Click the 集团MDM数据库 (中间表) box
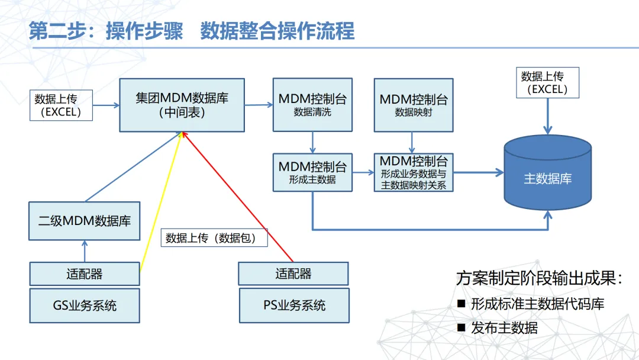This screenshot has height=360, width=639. (182, 105)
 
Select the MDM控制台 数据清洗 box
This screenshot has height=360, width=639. (312, 104)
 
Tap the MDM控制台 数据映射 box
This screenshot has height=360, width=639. (414, 104)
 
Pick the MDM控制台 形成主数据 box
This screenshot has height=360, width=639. (312, 172)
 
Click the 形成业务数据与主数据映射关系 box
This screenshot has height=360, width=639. (414, 172)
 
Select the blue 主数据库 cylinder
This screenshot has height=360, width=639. (547, 178)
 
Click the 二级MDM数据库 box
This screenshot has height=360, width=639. (85, 221)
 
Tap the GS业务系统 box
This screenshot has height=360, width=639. (85, 306)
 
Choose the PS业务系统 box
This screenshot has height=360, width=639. (293, 306)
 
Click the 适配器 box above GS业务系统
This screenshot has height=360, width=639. (85, 274)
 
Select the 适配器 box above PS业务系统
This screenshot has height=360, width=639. (293, 274)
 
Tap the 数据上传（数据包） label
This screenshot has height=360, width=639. (214, 238)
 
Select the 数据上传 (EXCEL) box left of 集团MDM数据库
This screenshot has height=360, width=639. (62, 105)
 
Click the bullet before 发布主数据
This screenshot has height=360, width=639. (461, 327)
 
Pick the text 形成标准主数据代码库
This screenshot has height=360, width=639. (537, 304)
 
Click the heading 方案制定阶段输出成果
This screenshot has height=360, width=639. (539, 278)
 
